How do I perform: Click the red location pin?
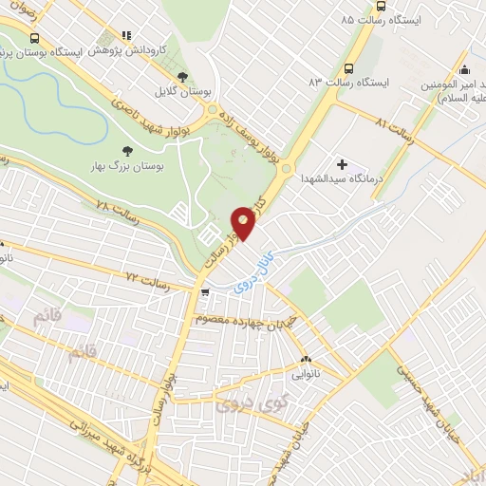[244, 224]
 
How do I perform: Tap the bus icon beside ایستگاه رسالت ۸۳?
[349, 68]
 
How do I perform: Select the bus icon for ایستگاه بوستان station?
[35, 39]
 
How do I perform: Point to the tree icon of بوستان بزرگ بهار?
[128, 150]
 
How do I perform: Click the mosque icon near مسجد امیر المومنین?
[464, 69]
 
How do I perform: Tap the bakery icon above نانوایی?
[306, 360]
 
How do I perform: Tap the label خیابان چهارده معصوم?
[243, 318]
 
